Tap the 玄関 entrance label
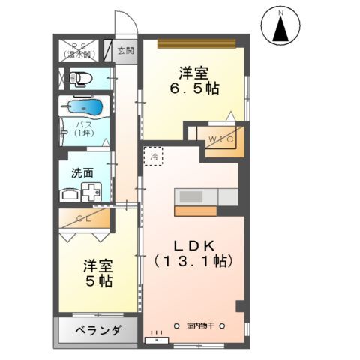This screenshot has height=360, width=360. pyautogui.click(x=125, y=51)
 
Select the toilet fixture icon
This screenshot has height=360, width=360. pyautogui.click(x=81, y=77)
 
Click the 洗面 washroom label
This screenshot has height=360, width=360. pyautogui.click(x=82, y=172)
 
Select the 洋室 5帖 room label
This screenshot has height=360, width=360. pyautogui.click(x=97, y=274)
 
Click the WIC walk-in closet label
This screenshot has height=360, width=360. pyautogui.click(x=221, y=140)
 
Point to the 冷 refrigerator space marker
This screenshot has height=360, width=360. pyautogui.click(x=152, y=156)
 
